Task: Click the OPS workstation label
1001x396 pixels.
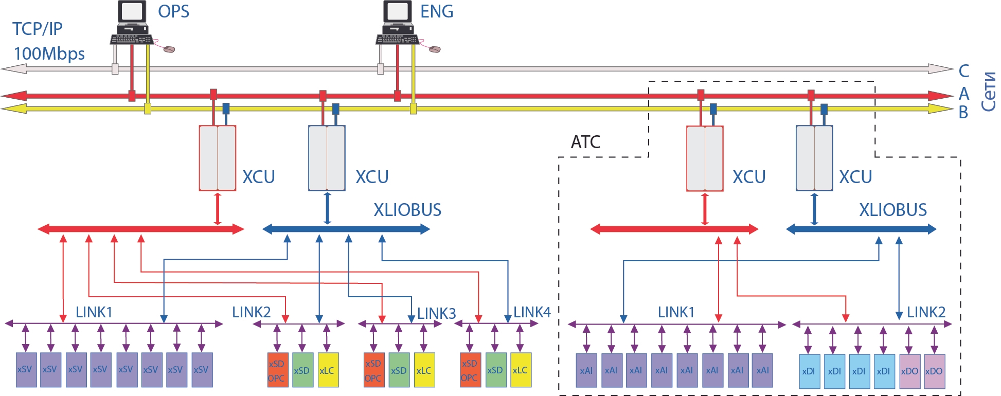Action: point(173,11)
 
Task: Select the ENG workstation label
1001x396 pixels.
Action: point(437,11)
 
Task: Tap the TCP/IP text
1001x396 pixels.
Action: point(37,29)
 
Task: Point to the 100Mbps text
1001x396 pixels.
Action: point(49,53)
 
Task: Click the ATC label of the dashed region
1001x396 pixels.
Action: point(585,142)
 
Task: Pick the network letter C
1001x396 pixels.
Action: point(963,71)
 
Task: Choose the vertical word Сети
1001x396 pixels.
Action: point(988,92)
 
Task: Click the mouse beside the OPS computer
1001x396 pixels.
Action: point(169,49)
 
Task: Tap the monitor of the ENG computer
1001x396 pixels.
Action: point(398,12)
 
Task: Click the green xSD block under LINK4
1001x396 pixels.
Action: point(495,370)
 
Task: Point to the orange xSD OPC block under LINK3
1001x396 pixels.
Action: point(374,370)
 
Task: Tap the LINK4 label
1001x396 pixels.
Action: point(532,312)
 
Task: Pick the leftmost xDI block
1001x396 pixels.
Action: point(809,371)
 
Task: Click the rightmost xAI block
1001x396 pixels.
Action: point(762,370)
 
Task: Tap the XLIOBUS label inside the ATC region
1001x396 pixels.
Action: point(893,210)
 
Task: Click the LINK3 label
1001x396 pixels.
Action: point(436,313)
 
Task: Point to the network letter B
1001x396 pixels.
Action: point(963,112)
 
